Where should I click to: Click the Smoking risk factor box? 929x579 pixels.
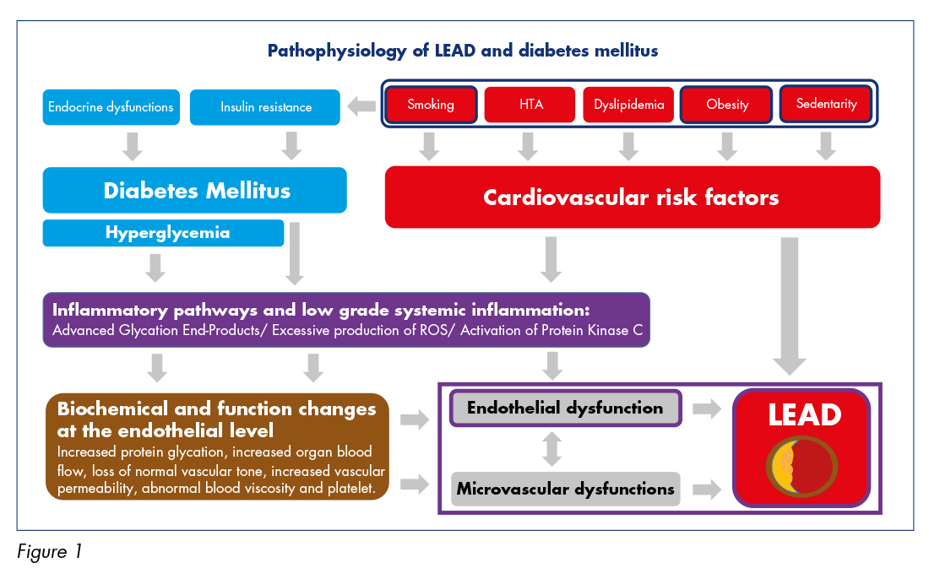coord(431,105)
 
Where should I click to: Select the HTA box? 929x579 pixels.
coord(530,105)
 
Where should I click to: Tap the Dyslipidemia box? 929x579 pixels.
coord(628,105)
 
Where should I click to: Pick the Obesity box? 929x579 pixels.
coord(727,105)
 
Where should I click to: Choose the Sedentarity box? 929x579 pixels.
coord(826,104)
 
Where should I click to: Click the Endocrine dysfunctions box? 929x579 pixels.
coord(111,107)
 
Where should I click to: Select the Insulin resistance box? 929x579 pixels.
coord(265,107)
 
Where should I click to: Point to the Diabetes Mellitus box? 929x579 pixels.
coord(195,190)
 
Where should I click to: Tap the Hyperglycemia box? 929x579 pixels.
coord(164,233)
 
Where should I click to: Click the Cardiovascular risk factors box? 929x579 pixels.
coord(633,198)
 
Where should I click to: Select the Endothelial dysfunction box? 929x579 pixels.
coord(566,408)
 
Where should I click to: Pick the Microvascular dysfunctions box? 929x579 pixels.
coord(566,489)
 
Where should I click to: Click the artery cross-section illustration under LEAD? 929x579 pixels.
coord(801,466)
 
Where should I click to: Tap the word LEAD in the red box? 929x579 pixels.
coord(805,415)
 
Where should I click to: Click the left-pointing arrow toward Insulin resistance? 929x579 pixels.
coord(361,106)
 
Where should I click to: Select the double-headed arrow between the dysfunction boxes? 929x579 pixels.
coord(552,449)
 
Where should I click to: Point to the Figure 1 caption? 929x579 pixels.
coord(50,552)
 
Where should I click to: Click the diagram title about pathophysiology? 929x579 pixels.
coord(463,51)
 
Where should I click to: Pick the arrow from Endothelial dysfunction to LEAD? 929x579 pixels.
coord(707,408)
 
